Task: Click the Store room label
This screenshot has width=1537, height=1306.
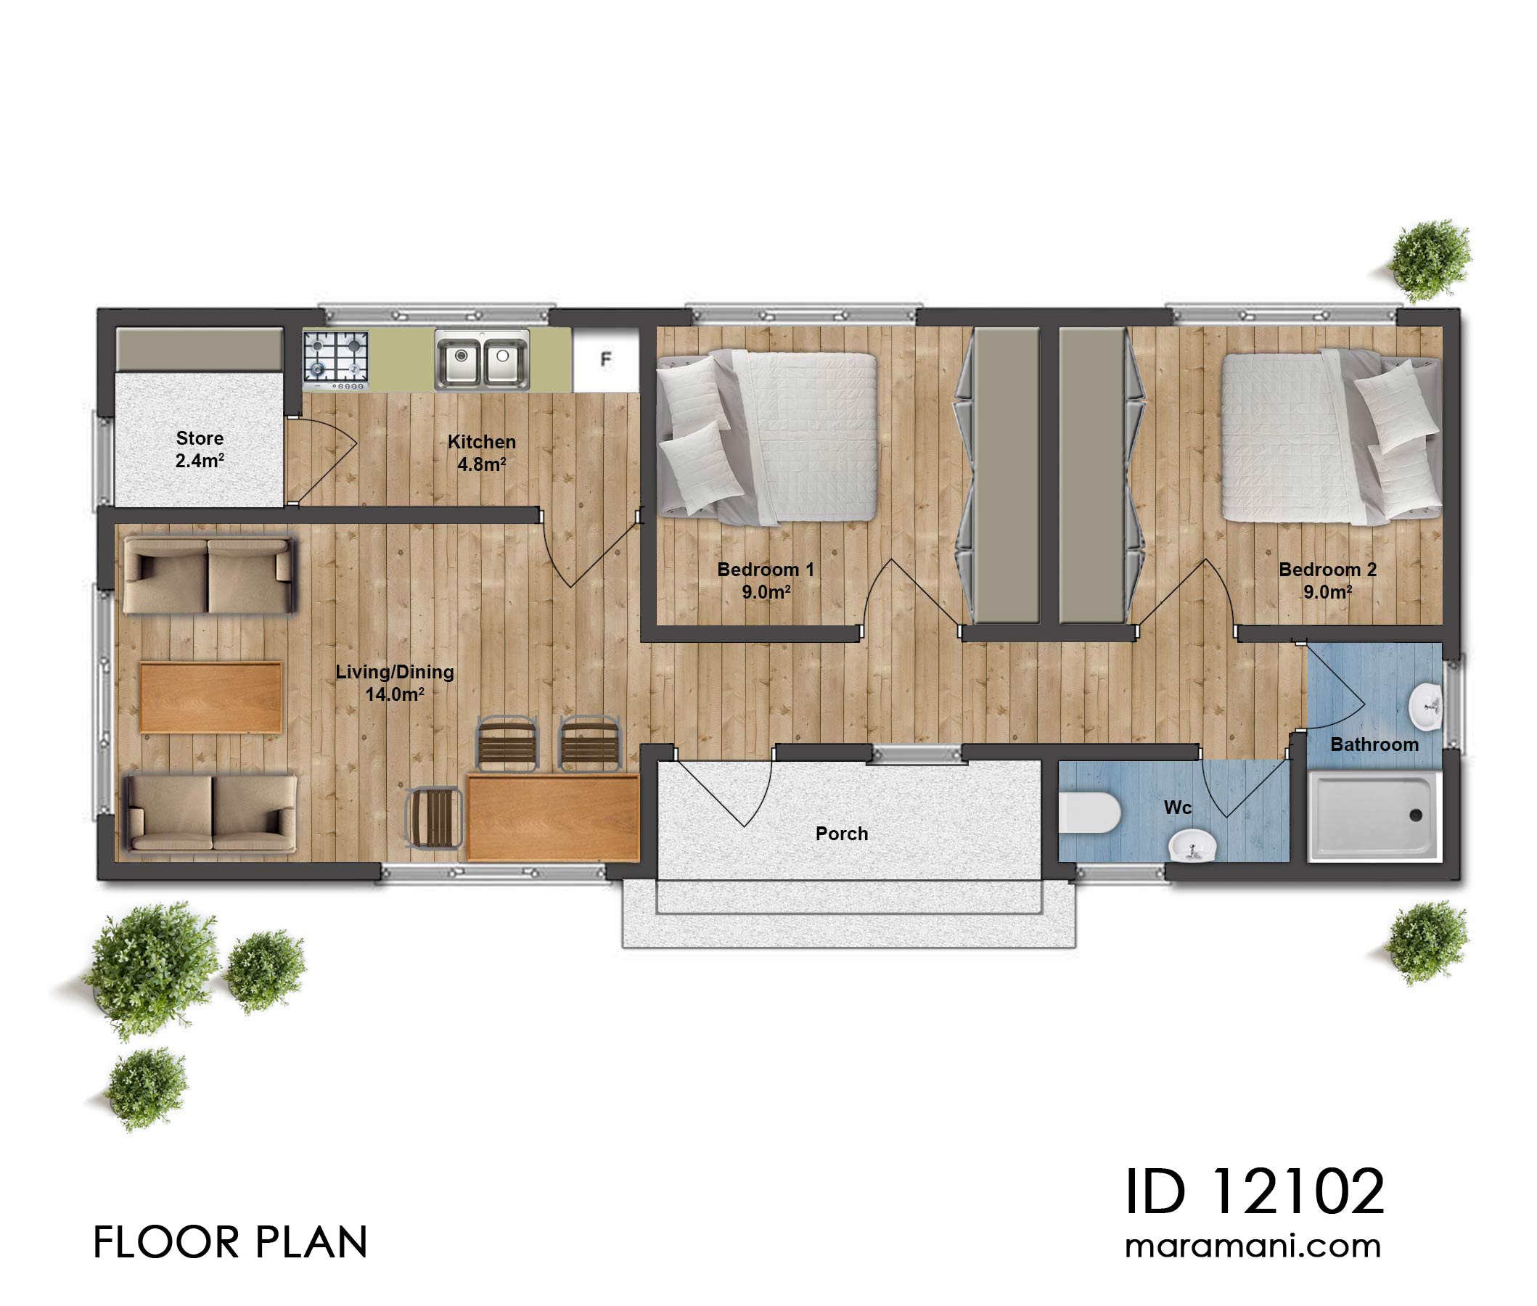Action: (199, 448)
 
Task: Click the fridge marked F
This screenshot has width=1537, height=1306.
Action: (605, 360)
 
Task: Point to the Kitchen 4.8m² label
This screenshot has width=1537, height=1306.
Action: (481, 452)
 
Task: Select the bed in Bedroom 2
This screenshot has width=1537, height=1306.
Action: (1329, 437)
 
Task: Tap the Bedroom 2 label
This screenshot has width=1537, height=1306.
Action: (1327, 580)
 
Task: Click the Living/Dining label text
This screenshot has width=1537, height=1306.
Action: (395, 682)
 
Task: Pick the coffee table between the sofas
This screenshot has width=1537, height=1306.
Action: (210, 697)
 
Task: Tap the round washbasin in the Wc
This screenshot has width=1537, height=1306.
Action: (1192, 845)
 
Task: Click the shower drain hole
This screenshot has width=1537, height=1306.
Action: (1415, 815)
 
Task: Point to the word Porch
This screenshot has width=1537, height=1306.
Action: (841, 834)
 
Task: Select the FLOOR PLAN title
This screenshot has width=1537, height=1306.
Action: (230, 1242)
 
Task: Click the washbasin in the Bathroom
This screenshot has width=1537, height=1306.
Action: (1425, 705)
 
